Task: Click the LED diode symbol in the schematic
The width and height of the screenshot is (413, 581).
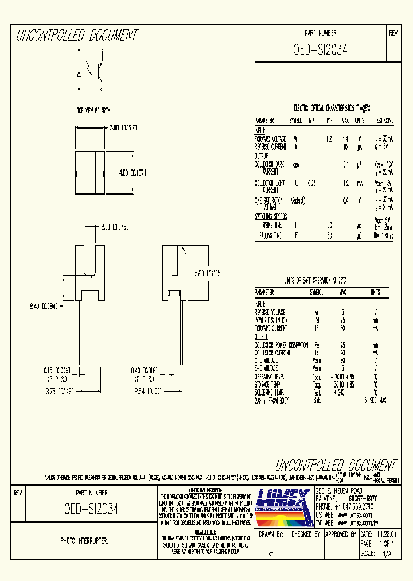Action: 79,73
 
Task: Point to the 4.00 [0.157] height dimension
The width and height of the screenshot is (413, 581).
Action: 133,172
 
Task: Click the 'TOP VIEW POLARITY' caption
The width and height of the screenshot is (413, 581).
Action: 95,109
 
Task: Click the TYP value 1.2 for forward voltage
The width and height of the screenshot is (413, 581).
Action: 329,139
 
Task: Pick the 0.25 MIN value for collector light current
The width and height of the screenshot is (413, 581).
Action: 312,183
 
